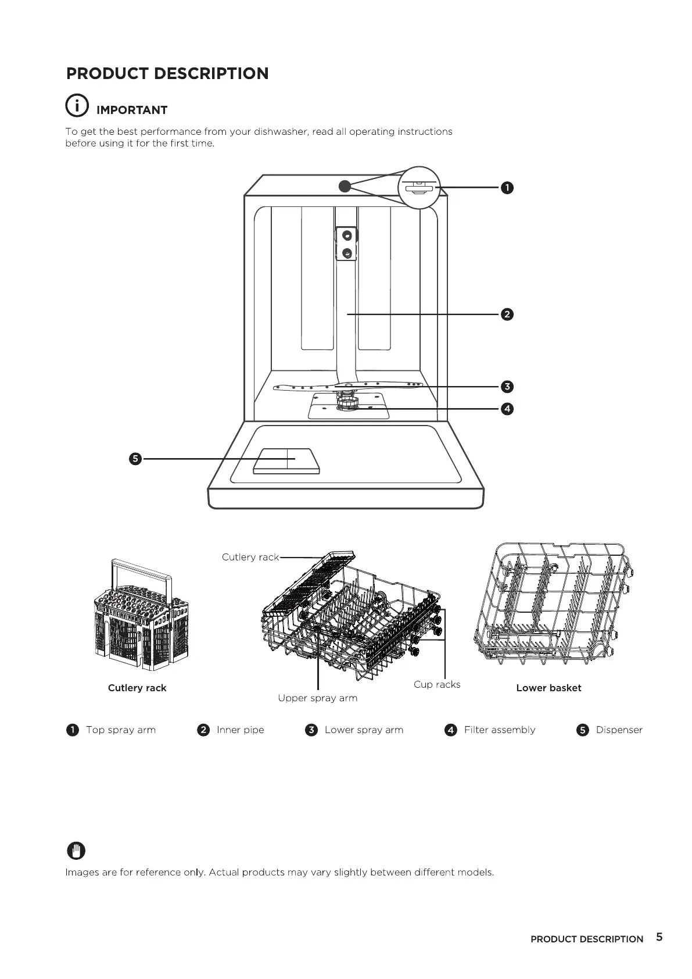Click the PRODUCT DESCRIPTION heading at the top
167,74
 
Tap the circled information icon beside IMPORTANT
77,105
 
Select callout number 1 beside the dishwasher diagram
507,188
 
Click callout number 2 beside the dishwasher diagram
507,315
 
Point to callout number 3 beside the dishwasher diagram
507,387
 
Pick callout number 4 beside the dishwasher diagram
507,409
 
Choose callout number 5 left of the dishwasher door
135,459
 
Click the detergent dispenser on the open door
286,460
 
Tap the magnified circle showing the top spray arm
419,187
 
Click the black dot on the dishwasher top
345,186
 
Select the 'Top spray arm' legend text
121,730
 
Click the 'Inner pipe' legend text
240,730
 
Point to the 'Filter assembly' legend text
500,730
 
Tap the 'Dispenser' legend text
619,730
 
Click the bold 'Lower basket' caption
548,688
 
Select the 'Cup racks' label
437,685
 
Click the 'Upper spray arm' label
317,698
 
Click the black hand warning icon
76,851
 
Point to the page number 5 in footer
659,937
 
